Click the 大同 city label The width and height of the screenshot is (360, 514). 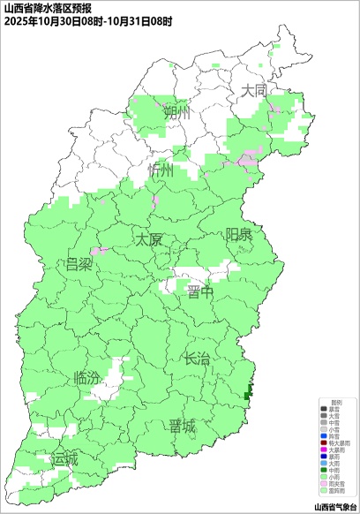pos(255,90)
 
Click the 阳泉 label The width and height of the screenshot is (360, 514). pos(239,234)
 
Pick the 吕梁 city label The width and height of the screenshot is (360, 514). pos(79,264)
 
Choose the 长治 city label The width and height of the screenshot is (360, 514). pos(197,359)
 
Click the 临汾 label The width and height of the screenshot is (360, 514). pos(88,377)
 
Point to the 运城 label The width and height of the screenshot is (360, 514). pos(64,459)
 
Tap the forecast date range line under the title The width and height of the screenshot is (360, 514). pos(87,19)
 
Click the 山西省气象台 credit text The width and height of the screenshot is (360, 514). pos(335,507)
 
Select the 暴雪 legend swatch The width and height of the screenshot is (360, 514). pos(323,409)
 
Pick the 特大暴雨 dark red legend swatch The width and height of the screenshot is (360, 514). pos(323,442)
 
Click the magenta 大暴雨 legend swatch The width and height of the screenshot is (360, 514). pos(323,450)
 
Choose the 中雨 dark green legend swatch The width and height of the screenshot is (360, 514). pos(323,470)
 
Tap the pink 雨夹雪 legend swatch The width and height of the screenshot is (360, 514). pos(323,483)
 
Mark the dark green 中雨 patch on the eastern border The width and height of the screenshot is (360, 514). pos(248,390)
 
